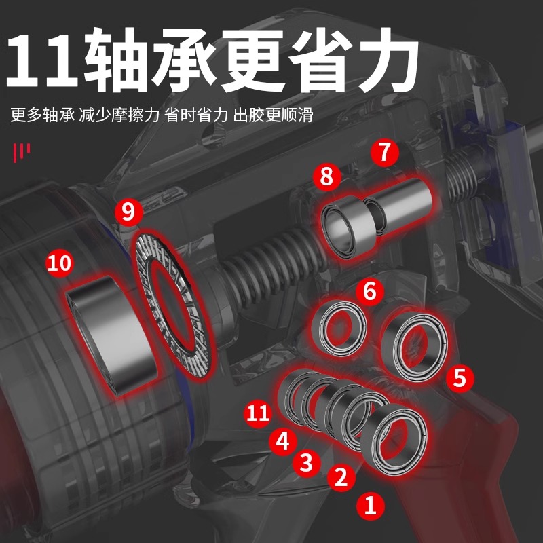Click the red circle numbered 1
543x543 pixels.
click(371, 505)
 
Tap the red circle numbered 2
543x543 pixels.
click(341, 477)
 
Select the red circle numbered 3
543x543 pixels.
click(307, 462)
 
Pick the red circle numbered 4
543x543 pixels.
click(283, 441)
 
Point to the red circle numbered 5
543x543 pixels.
click(460, 377)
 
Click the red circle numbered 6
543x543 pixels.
click(369, 291)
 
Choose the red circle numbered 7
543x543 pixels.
click(385, 152)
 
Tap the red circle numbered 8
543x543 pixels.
click(327, 176)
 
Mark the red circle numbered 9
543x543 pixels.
click(128, 211)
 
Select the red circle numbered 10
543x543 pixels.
click(60, 263)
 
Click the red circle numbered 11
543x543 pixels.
click(258, 413)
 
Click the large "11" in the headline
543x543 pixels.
click(42, 60)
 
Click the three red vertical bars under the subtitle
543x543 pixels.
click(22, 153)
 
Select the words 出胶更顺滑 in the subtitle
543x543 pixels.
click(274, 115)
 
